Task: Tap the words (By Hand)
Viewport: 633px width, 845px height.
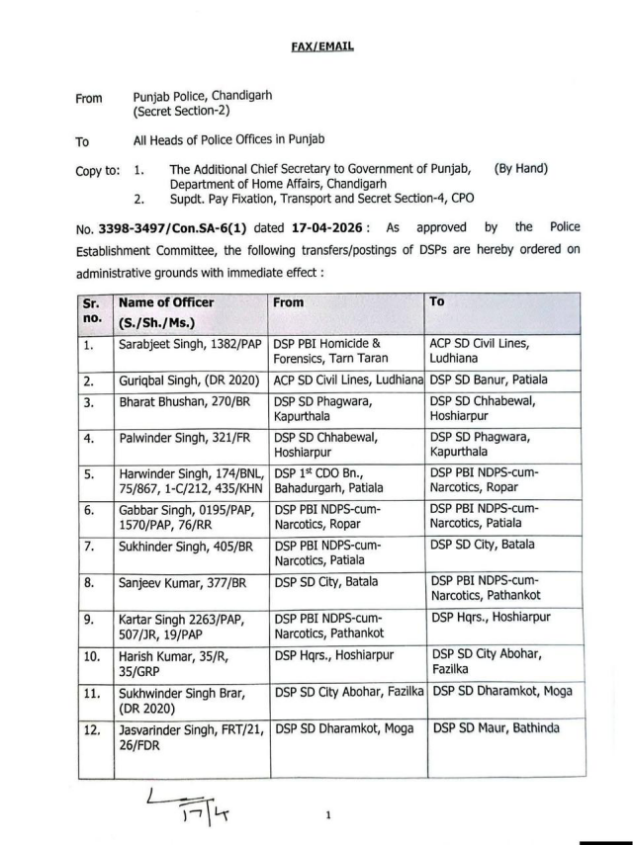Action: tap(520, 170)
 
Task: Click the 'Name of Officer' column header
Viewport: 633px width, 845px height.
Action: tap(166, 303)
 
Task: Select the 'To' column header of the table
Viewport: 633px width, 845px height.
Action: tap(438, 301)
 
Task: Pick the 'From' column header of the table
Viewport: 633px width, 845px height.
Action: tap(289, 302)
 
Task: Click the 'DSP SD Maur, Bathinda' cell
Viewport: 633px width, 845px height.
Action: tap(495, 728)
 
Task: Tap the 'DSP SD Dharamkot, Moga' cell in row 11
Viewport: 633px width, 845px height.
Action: tap(501, 691)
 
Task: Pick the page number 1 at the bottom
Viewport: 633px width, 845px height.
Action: tap(327, 815)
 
